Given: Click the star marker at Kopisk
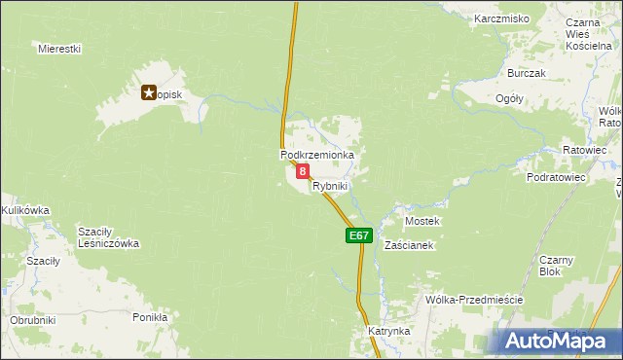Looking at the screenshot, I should pos(149,93).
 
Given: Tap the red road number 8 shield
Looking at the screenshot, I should pos(303,171).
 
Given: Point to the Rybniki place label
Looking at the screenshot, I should pos(330,185).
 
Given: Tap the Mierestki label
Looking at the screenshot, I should pos(58,48).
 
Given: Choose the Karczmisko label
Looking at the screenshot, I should pos(501,18).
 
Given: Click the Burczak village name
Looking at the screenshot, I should pos(527,73).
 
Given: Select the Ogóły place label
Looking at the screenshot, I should pos(509,98).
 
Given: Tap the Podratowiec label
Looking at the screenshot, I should pos(555,178).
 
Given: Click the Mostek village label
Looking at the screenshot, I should pos(422,221).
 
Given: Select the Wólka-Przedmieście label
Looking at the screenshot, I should pos(475,300).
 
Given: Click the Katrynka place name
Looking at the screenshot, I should pos(389,331).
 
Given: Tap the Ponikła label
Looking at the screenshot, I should pos(150,317).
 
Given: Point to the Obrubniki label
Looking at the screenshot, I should pos(33,320).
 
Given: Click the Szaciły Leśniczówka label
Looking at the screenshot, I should pos(109,237).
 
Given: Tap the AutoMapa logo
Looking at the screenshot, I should pos(557,342).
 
